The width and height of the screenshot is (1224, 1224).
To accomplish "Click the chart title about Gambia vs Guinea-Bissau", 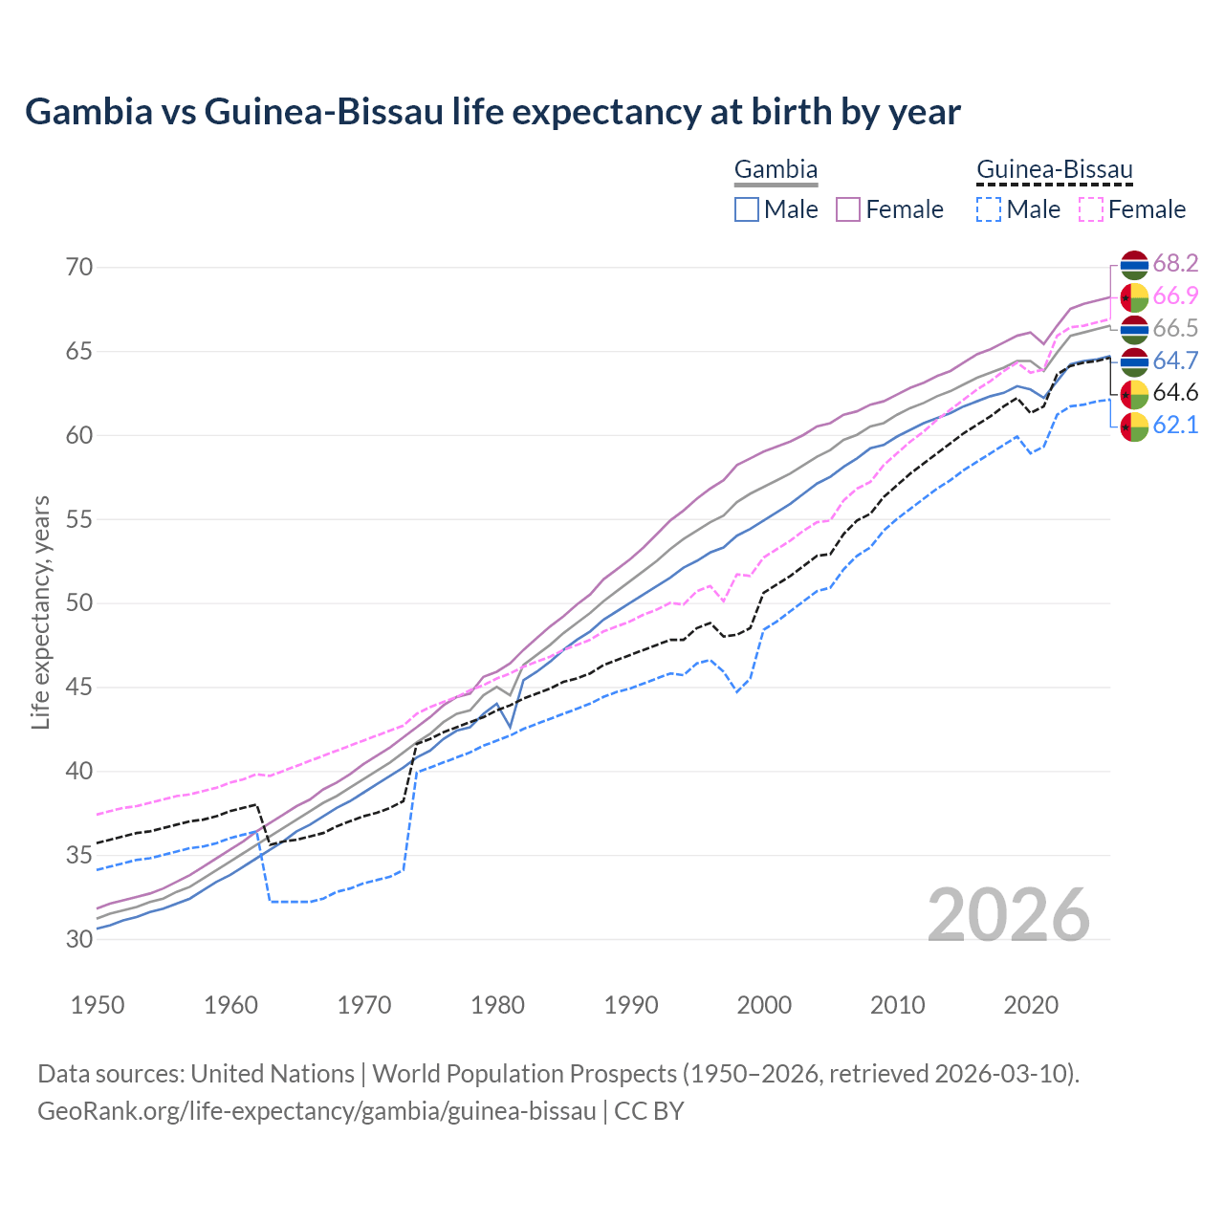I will pyautogui.click(x=492, y=112).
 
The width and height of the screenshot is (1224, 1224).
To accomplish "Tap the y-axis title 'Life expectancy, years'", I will pyautogui.click(x=40, y=612).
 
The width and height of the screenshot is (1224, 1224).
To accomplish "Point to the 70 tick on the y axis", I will pyautogui.click(x=80, y=267).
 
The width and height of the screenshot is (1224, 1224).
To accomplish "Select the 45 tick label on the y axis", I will pyautogui.click(x=80, y=687).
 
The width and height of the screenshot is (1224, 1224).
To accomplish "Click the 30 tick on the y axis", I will pyautogui.click(x=80, y=939).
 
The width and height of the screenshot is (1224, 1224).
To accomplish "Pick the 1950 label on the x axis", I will pyautogui.click(x=98, y=1005).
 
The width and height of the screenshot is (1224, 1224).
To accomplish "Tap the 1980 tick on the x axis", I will pyautogui.click(x=497, y=1005).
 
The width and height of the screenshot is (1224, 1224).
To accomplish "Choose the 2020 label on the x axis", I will pyautogui.click(x=1031, y=1005).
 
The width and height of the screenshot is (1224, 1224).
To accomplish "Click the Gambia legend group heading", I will pyautogui.click(x=776, y=170).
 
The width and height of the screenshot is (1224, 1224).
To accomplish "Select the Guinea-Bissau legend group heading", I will pyautogui.click(x=1054, y=170).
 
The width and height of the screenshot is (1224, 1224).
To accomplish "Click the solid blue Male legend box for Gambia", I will pyautogui.click(x=747, y=209).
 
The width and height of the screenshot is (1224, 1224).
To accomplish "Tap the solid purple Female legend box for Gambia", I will pyautogui.click(x=848, y=209).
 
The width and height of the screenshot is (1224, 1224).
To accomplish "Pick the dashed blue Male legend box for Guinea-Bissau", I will pyautogui.click(x=989, y=209).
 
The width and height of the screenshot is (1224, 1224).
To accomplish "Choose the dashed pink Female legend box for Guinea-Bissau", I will pyautogui.click(x=1091, y=209).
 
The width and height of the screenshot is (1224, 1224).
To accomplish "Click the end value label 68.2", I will pyautogui.click(x=1175, y=264).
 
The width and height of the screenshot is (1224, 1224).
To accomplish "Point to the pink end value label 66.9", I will pyautogui.click(x=1175, y=296).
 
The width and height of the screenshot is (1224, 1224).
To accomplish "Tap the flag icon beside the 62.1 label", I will pyautogui.click(x=1134, y=426).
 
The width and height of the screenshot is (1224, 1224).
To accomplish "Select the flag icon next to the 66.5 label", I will pyautogui.click(x=1134, y=329).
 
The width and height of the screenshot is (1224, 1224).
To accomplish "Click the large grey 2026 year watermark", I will pyautogui.click(x=1009, y=915).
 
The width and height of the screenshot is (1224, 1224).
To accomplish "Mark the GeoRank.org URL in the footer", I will pyautogui.click(x=317, y=1111).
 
